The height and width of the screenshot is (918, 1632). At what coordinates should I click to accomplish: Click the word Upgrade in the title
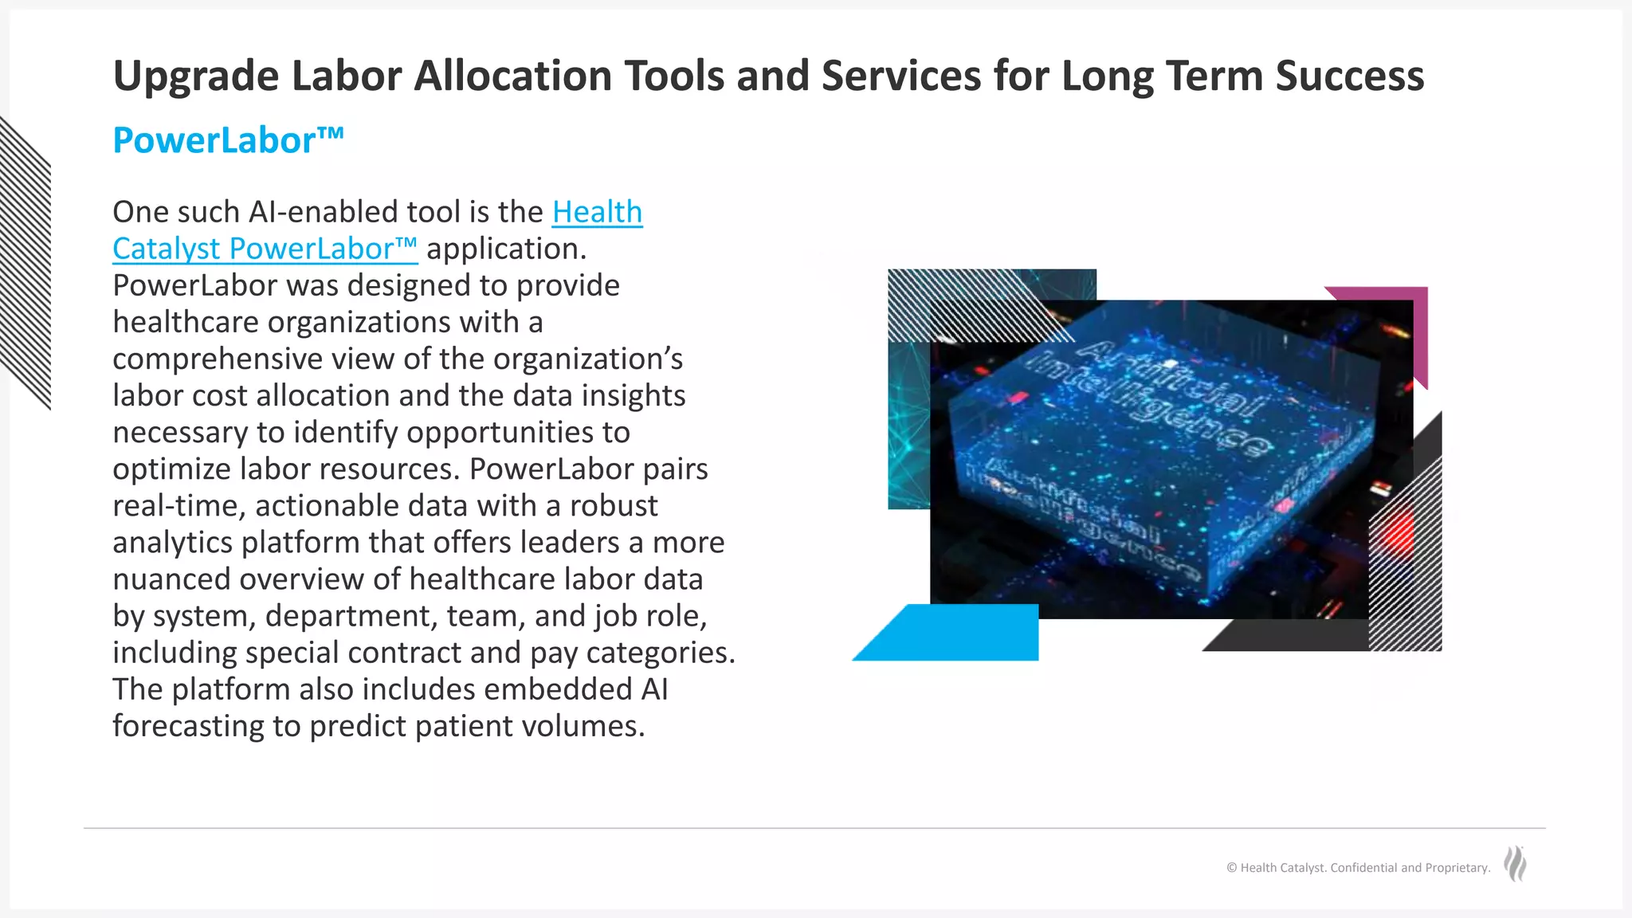tap(196, 77)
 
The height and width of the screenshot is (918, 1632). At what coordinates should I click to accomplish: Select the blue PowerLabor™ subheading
tap(228, 140)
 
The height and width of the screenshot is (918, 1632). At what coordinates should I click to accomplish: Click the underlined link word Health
tap(597, 212)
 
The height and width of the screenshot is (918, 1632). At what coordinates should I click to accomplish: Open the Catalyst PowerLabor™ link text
tap(265, 249)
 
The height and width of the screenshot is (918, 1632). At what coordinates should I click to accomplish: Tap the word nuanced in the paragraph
tap(171, 579)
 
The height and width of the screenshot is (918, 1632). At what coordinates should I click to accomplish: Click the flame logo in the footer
tap(1515, 864)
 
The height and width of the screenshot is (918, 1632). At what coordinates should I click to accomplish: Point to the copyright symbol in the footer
tap(1232, 868)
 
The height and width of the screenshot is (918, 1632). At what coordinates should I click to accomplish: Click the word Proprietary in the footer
tap(1457, 868)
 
